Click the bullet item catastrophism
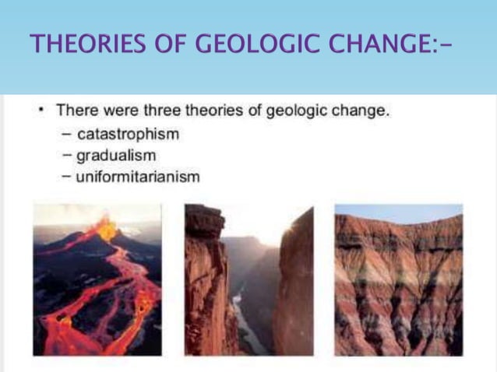click(x=128, y=134)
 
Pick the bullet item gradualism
click(x=117, y=155)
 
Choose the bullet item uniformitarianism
click(x=138, y=177)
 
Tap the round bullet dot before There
click(x=44, y=111)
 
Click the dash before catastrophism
click(x=69, y=135)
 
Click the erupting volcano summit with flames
click(x=104, y=226)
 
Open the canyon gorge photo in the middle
click(x=248, y=279)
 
